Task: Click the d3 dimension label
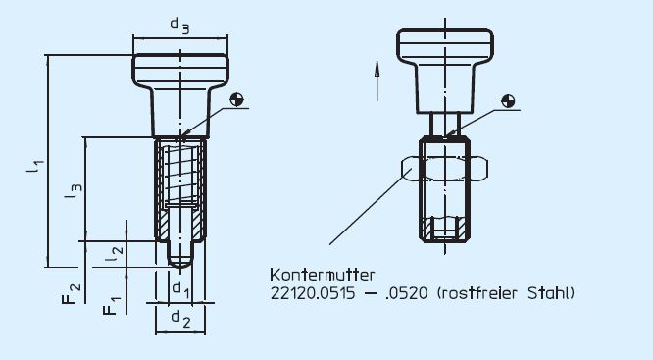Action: (179, 26)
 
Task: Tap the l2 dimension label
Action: (115, 252)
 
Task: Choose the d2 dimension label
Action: (178, 318)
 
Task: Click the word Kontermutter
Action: (315, 275)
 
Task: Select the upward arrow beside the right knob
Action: (377, 78)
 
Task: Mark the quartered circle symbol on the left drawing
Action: (236, 99)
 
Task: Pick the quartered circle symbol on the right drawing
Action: (507, 100)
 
